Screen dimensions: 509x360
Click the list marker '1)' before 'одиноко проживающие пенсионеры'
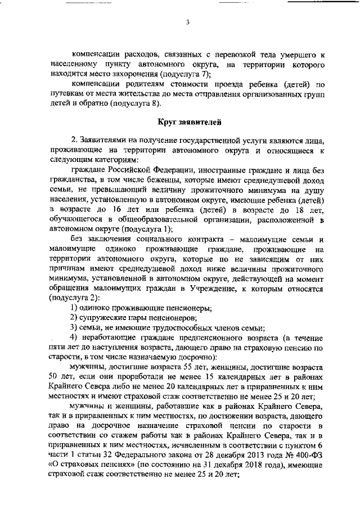coord(74,308)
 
